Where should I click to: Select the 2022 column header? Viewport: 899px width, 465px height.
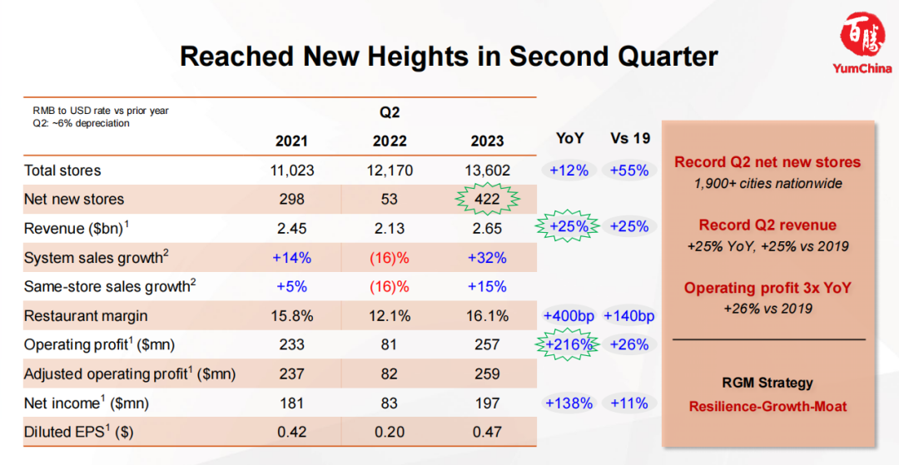pyautogui.click(x=390, y=141)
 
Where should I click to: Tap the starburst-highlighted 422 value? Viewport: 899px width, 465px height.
pyautogui.click(x=487, y=199)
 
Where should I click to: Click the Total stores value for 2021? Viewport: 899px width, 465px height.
pyautogui.click(x=292, y=170)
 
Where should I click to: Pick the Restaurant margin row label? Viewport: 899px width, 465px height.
pyautogui.click(x=86, y=315)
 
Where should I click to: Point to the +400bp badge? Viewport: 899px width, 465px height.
pyautogui.click(x=569, y=315)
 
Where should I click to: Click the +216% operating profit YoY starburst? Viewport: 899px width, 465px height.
pyautogui.click(x=569, y=344)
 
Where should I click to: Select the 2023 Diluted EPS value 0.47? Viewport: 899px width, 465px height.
pyautogui.click(x=487, y=433)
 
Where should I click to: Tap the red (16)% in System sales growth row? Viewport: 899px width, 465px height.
pyautogui.click(x=390, y=258)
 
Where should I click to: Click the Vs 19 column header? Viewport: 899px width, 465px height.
pyautogui.click(x=629, y=139)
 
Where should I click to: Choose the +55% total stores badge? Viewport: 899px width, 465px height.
pyautogui.click(x=629, y=170)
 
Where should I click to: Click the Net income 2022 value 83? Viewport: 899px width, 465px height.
pyautogui.click(x=390, y=403)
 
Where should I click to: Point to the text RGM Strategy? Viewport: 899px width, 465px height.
pyautogui.click(x=767, y=383)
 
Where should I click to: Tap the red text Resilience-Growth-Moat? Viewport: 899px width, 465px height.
pyautogui.click(x=767, y=407)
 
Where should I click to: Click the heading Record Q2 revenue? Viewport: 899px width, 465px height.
pyautogui.click(x=767, y=225)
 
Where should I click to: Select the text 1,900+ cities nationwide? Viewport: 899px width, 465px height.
pyautogui.click(x=767, y=185)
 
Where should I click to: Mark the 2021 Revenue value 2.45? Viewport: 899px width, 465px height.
pyautogui.click(x=292, y=229)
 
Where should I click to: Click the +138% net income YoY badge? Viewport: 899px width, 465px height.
pyautogui.click(x=569, y=403)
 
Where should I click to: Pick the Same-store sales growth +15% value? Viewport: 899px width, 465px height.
pyautogui.click(x=487, y=286)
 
